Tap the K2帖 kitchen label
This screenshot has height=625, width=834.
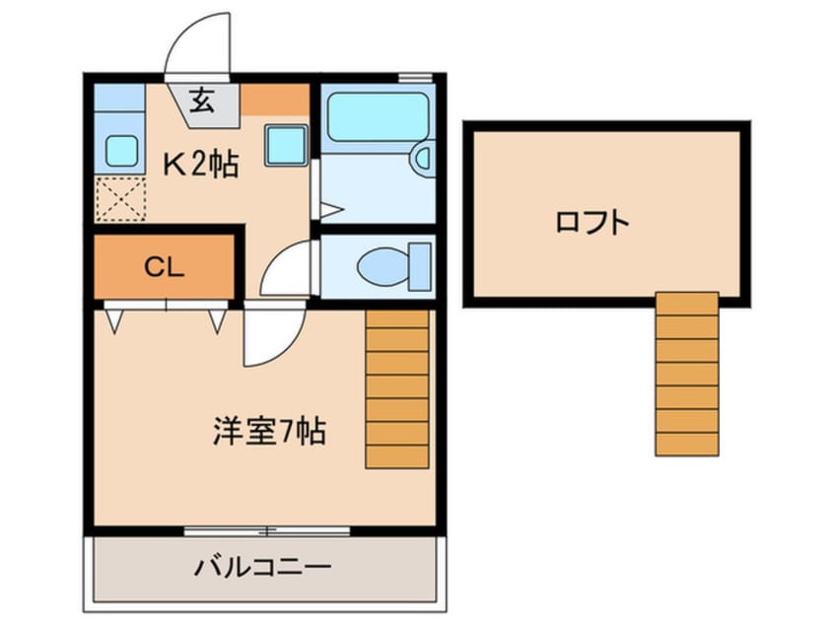(201, 166)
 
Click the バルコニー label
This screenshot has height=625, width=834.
(262, 569)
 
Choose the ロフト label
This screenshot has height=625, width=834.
(591, 223)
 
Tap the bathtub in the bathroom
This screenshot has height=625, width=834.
(374, 117)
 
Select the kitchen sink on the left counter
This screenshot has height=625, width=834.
(120, 151)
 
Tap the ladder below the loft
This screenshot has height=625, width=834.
(686, 374)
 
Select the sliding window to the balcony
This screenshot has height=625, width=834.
(266, 532)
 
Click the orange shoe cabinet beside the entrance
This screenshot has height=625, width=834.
(276, 99)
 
